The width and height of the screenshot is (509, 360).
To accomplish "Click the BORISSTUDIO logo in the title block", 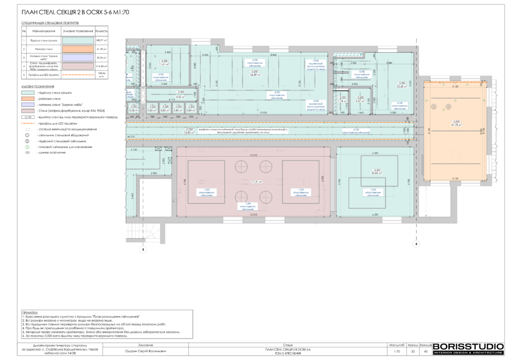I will (468, 348).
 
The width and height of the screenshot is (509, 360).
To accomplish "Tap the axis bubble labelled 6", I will (417, 244).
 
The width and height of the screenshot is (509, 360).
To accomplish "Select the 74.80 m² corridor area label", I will (188, 132).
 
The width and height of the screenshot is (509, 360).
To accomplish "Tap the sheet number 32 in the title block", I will (413, 351).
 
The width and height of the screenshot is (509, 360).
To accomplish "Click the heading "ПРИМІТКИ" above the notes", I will (30, 309).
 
